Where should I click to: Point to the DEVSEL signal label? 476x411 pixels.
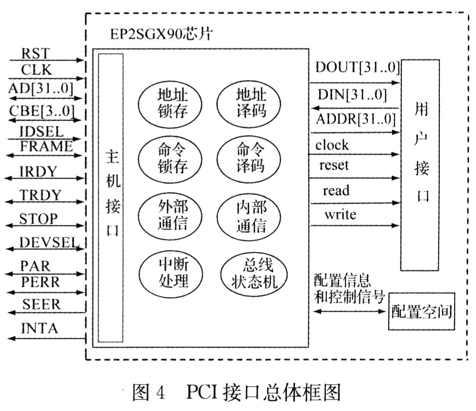48,242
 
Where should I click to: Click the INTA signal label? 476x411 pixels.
39,329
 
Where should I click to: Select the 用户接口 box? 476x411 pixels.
420,164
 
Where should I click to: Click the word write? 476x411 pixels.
340,215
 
